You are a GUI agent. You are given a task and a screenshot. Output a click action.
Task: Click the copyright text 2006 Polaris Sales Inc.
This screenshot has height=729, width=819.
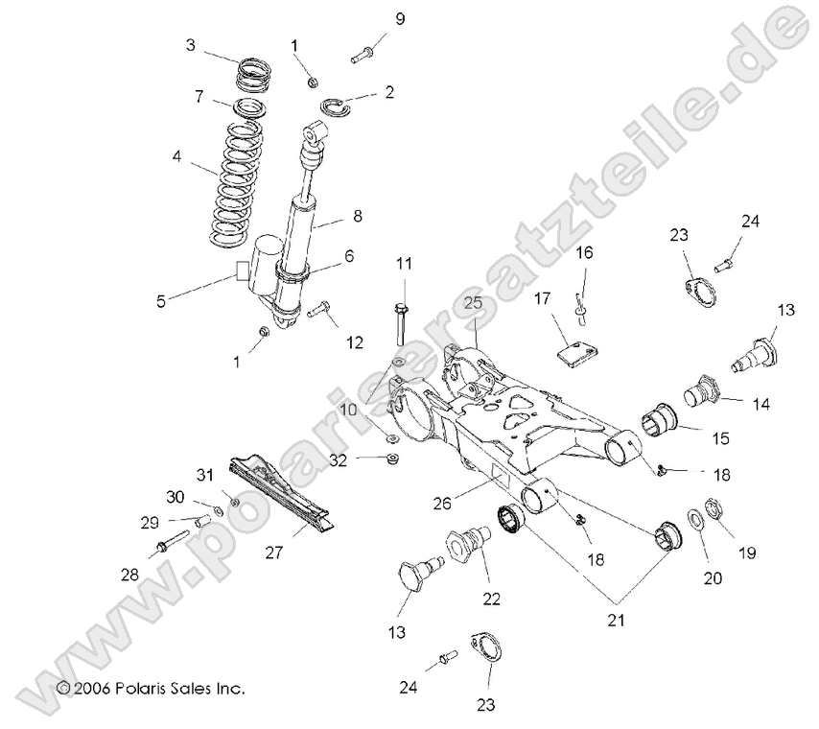(x=152, y=689)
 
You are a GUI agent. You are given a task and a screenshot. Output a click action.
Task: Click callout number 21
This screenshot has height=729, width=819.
(x=615, y=621)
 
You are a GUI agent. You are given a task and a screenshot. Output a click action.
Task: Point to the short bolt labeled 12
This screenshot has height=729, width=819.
(x=320, y=311)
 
